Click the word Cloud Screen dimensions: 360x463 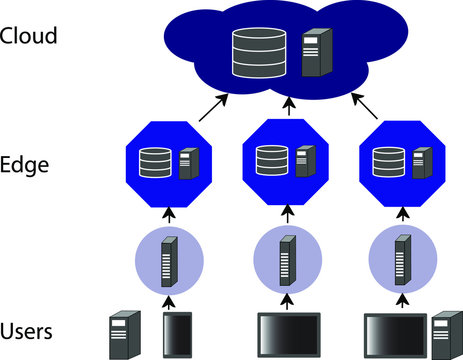30,36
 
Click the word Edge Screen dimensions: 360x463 26,164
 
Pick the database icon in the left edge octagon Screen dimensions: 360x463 156,162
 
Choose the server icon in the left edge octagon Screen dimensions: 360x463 188,162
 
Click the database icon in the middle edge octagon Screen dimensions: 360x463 269,160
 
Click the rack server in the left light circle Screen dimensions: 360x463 169,256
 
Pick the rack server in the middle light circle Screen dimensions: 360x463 287,256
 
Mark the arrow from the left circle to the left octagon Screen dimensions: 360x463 169,212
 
